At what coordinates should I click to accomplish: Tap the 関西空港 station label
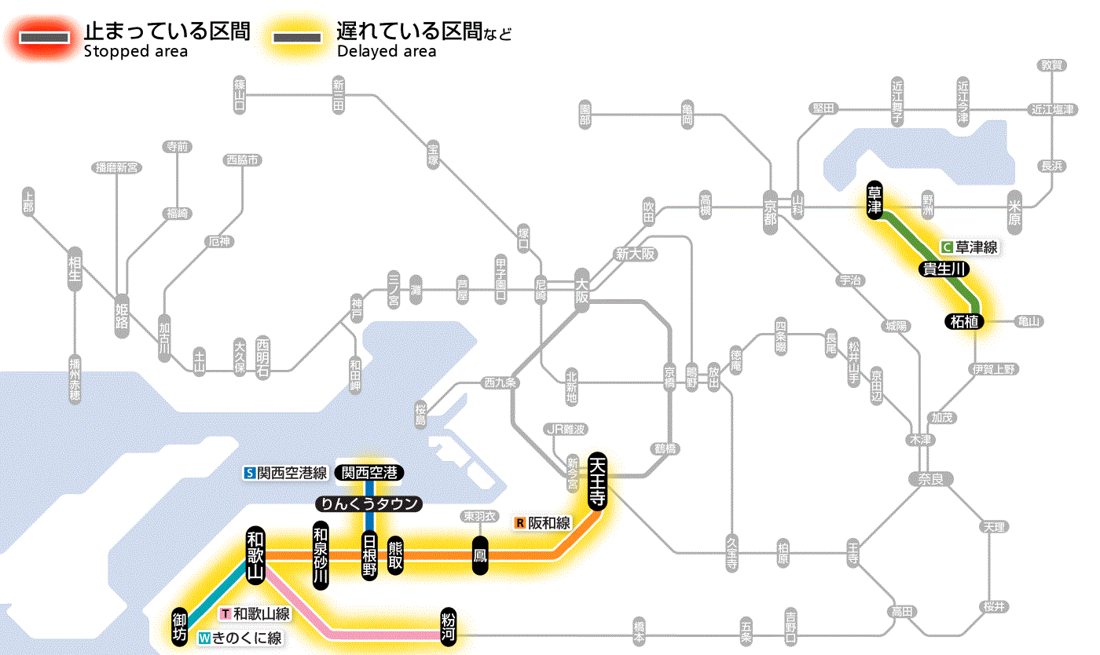(x=369, y=473)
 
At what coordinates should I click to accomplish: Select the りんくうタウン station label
(x=369, y=504)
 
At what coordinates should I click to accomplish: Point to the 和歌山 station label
(x=255, y=554)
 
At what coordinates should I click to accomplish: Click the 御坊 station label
(x=180, y=626)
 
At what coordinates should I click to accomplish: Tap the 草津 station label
(x=874, y=200)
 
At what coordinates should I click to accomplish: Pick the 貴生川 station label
(x=944, y=269)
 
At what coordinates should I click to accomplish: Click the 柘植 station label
(x=964, y=320)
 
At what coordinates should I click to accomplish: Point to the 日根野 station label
(x=369, y=554)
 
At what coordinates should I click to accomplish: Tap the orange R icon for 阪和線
(x=519, y=522)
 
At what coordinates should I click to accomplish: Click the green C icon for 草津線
(x=947, y=247)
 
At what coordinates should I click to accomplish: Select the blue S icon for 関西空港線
(x=249, y=473)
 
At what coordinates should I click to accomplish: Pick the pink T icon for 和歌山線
(x=225, y=613)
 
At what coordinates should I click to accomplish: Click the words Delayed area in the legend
(x=386, y=52)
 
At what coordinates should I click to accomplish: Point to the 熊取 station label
(x=395, y=554)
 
